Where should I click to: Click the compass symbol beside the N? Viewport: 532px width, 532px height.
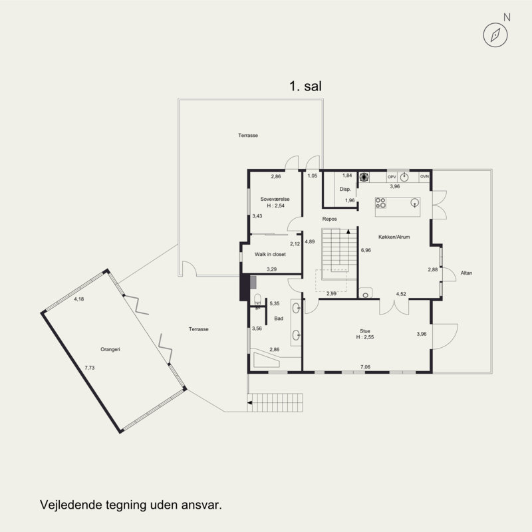click(x=495, y=35)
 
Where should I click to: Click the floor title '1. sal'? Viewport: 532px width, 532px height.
click(x=305, y=86)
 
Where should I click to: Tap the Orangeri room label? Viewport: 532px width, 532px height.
click(x=110, y=349)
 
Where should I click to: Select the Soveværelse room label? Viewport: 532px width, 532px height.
click(x=275, y=199)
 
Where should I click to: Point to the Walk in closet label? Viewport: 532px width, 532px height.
click(x=270, y=254)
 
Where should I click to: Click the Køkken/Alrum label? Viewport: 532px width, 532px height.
click(x=394, y=237)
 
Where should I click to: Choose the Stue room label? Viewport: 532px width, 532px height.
click(x=365, y=331)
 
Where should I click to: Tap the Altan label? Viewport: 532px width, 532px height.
click(x=466, y=273)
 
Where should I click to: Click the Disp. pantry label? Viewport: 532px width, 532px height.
click(x=345, y=189)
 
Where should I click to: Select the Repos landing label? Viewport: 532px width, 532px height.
click(x=329, y=219)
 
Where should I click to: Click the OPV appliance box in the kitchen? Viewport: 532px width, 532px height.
click(x=392, y=177)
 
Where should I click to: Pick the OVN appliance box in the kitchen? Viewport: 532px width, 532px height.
click(x=424, y=176)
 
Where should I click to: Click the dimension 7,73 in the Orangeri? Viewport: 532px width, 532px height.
click(x=90, y=368)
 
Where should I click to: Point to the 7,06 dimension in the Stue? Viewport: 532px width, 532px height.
click(x=365, y=367)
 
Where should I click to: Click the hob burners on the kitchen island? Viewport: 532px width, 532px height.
click(x=380, y=203)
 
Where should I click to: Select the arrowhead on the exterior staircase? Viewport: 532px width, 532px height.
click(x=250, y=403)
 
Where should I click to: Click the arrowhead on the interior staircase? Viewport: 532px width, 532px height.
click(x=348, y=231)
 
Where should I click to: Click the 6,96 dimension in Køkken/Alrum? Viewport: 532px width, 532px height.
click(x=366, y=250)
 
